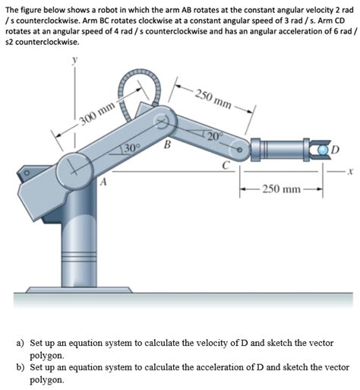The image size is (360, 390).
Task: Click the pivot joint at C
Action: pyautogui.click(x=241, y=150)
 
